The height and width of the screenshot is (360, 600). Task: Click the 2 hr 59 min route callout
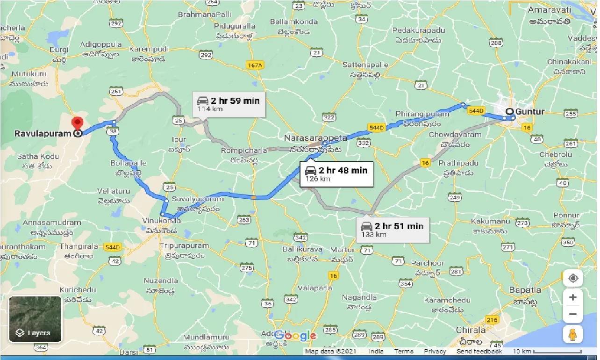click(x=229, y=104)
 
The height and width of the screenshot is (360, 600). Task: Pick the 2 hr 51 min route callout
click(x=392, y=230)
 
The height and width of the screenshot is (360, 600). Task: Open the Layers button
click(x=35, y=319)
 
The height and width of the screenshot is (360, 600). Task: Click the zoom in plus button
click(x=573, y=297)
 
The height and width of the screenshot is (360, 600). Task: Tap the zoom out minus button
click(x=573, y=314)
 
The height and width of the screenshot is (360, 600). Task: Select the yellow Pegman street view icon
click(x=573, y=335)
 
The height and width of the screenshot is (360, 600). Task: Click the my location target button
click(x=573, y=279)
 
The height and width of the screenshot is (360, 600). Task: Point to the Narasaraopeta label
click(x=316, y=138)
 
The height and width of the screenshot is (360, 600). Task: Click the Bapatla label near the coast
click(x=525, y=290)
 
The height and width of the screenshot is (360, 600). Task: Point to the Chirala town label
click(x=471, y=330)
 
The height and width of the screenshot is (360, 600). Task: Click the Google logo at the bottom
click(x=295, y=335)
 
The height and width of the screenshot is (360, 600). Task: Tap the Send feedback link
click(x=479, y=351)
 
